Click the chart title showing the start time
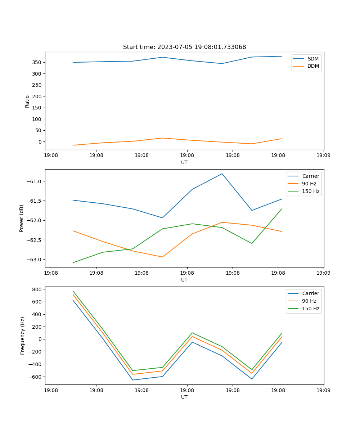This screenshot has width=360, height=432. (184, 47)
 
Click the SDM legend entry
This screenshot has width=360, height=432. (313, 59)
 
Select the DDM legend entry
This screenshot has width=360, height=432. (313, 66)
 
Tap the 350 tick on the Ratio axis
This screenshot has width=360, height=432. (37, 62)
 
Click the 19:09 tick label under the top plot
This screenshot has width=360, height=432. (323, 156)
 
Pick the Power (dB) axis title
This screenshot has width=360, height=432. (22, 218)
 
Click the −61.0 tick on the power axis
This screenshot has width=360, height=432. (34, 181)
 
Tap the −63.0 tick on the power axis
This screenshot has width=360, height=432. (34, 260)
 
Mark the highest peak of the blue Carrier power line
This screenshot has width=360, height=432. (222, 174)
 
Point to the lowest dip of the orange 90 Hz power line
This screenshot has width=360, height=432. (162, 257)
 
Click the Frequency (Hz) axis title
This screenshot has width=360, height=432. (22, 336)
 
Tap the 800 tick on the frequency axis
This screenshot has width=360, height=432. (37, 289)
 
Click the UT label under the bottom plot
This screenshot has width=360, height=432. (184, 397)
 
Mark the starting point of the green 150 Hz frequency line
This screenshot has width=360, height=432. (73, 291)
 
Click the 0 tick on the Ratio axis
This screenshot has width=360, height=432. (40, 142)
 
